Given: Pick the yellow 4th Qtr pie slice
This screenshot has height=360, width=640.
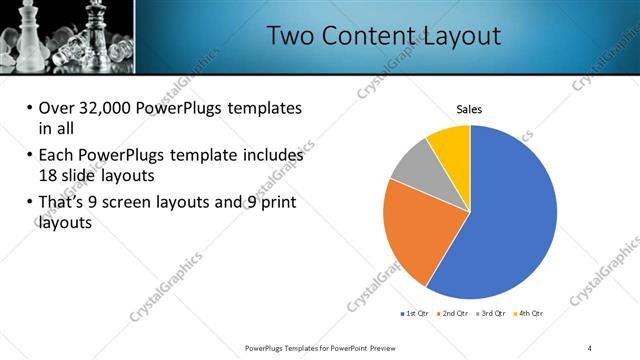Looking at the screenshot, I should (x=450, y=145).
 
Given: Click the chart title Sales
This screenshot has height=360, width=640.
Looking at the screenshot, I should (x=470, y=108).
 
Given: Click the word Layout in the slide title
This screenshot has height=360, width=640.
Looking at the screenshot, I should (x=455, y=36).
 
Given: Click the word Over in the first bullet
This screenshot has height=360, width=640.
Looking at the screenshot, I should (x=54, y=108).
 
